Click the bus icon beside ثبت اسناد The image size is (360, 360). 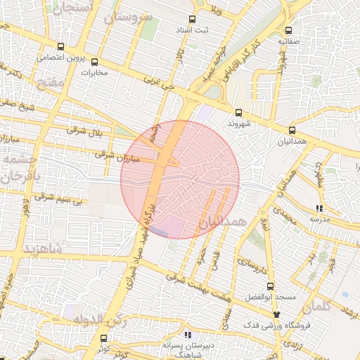193,20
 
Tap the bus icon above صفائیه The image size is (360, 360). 289,30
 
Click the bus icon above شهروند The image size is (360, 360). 238,112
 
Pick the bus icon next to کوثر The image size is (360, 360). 105,337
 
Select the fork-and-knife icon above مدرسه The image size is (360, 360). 320,208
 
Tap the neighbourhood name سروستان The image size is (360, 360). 129,16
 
